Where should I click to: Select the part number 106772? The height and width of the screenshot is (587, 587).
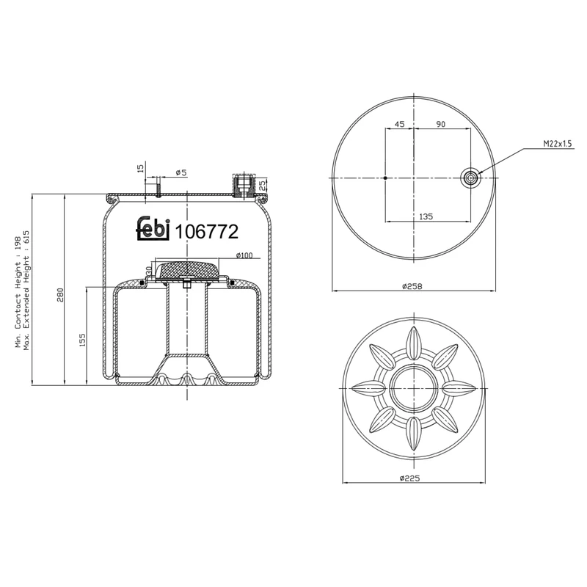(206, 232)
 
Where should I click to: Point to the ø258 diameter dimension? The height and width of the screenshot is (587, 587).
(414, 286)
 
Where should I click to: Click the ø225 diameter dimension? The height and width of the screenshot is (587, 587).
(414, 478)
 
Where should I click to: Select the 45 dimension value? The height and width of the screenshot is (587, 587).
(399, 125)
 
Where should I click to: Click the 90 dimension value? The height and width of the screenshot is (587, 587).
(441, 125)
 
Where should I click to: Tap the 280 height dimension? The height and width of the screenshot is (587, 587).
(61, 293)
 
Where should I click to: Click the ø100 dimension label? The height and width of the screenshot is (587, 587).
(244, 255)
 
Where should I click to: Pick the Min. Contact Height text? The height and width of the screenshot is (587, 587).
(18, 292)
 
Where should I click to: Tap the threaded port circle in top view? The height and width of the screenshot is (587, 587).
(470, 178)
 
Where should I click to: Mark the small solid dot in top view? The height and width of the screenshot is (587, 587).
(386, 178)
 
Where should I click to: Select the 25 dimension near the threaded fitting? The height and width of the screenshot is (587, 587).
(263, 185)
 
